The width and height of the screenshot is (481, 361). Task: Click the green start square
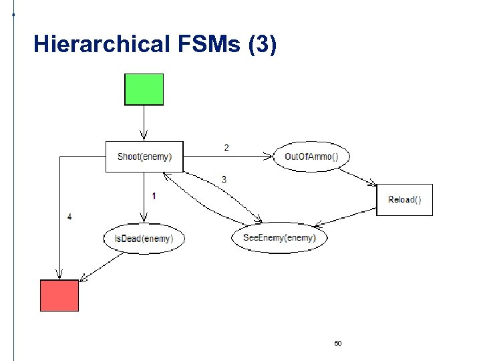144,90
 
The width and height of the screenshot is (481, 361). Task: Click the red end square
59,295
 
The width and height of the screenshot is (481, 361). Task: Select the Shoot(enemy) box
144,156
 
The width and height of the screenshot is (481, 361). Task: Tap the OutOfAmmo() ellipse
311,157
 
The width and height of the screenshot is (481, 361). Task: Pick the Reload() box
405,200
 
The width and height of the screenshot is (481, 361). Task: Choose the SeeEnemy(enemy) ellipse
279,238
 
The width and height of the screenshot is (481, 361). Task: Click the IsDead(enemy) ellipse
144,239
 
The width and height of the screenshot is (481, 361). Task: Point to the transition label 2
226,148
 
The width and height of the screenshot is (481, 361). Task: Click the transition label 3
224,180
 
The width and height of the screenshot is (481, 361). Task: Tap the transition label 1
154,196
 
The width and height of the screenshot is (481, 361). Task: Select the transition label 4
70,217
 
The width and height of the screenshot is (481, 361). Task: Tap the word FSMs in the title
210,45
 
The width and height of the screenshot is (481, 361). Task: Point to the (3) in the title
261,45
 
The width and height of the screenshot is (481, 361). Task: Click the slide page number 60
337,343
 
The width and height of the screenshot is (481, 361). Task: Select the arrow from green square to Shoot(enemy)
144,123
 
